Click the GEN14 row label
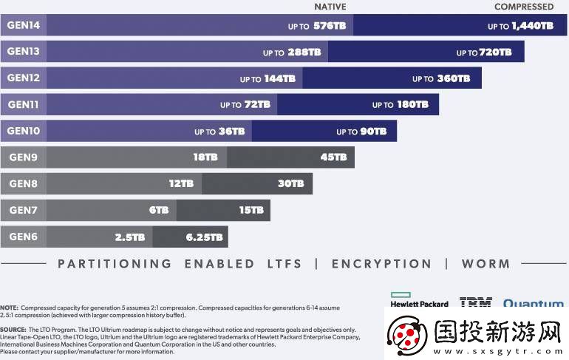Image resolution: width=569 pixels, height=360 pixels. pyautogui.click(x=24, y=25)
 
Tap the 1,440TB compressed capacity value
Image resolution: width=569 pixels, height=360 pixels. pyautogui.click(x=531, y=26)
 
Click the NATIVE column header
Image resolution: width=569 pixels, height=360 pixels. pyautogui.click(x=330, y=7)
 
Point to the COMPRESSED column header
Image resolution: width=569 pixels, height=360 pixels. pyautogui.click(x=523, y=7)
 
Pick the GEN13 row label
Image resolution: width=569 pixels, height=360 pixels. pyautogui.click(x=24, y=52)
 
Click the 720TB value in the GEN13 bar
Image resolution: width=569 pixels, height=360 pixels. pyautogui.click(x=494, y=52)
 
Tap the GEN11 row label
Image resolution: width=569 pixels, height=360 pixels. pyautogui.click(x=24, y=105)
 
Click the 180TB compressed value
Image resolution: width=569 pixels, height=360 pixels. pyautogui.click(x=412, y=105)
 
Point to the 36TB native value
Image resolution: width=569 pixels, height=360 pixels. pyautogui.click(x=231, y=132)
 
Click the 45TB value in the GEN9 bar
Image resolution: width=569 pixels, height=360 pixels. pyautogui.click(x=333, y=157)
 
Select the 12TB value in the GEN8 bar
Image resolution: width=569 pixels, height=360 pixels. pyautogui.click(x=181, y=184)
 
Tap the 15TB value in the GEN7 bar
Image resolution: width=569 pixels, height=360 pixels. pyautogui.click(x=251, y=211)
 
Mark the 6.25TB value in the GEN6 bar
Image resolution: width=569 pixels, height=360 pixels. pyautogui.click(x=205, y=237)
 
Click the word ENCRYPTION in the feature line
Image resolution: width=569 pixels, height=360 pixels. pyautogui.click(x=381, y=264)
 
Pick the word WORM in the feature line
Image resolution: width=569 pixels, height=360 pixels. pyautogui.click(x=485, y=264)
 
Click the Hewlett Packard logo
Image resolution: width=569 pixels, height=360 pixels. pyautogui.click(x=419, y=299)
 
